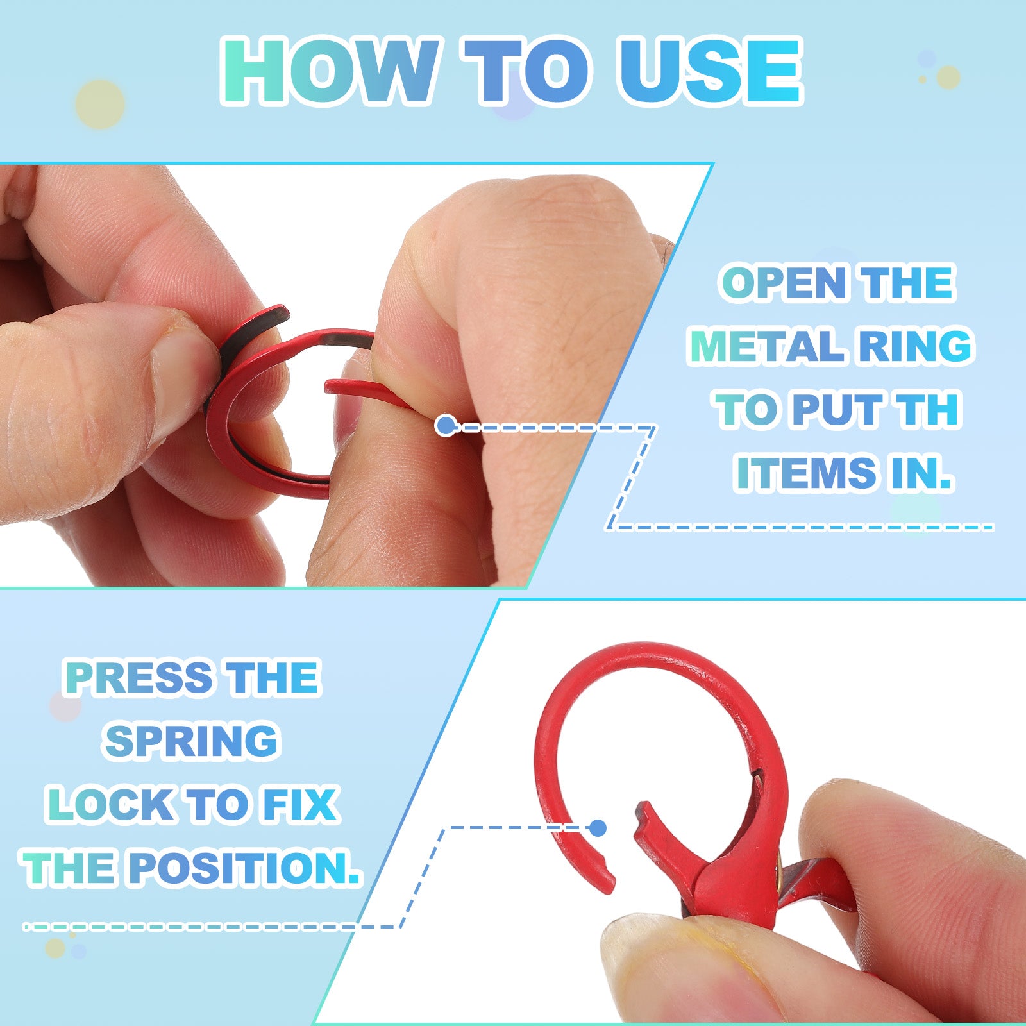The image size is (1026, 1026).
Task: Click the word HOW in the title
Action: [331, 71]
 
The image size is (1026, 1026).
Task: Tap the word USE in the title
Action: [711, 71]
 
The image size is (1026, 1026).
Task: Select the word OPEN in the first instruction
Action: [784, 283]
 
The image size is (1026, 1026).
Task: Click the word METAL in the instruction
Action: [767, 346]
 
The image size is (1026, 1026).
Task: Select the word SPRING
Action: [191, 741]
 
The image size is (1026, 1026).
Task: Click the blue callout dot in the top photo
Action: [446, 425]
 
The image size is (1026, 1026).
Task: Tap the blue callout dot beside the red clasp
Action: [598, 828]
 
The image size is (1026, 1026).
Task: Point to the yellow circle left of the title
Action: [99, 104]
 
